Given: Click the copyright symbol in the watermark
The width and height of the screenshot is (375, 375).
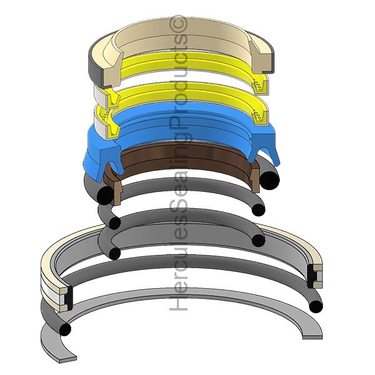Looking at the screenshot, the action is point(179,23).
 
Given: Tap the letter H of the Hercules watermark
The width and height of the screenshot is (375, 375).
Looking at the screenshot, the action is point(178,302).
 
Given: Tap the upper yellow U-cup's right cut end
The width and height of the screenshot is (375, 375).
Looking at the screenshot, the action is point(260,85).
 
